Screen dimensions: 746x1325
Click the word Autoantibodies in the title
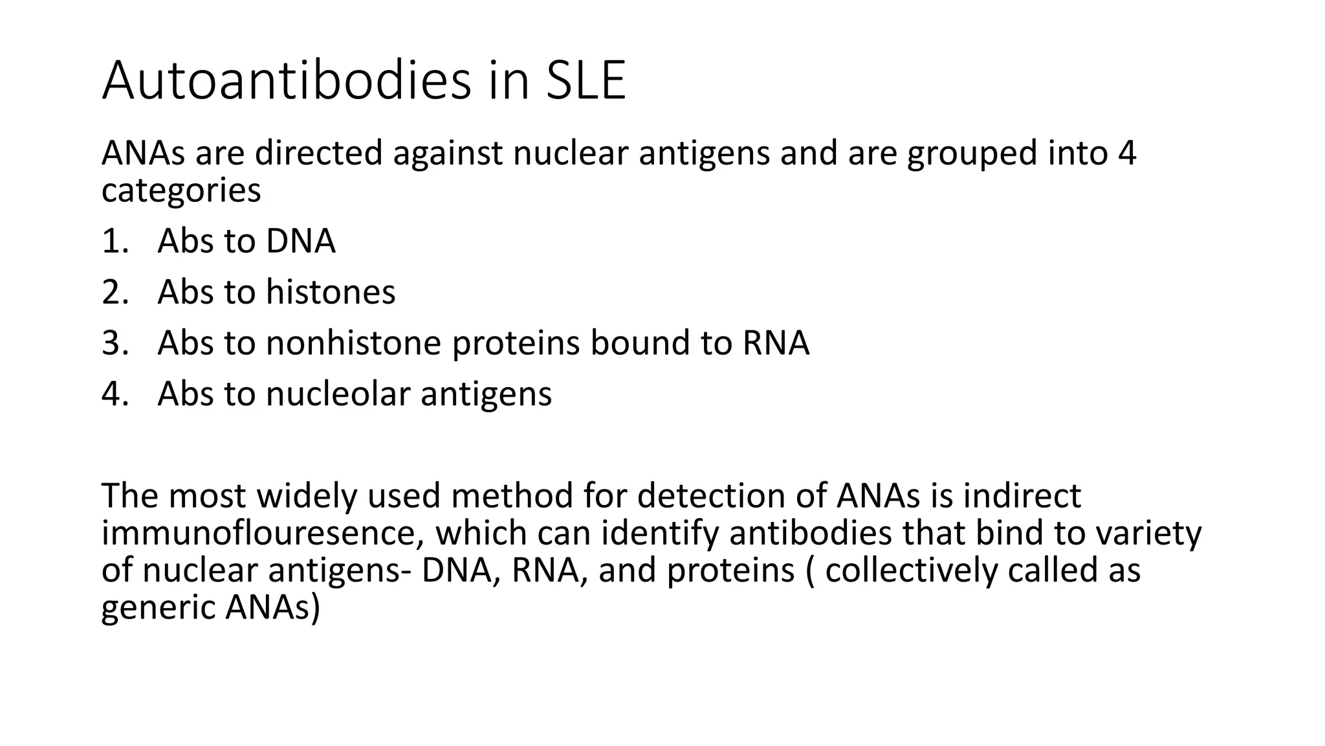pos(287,80)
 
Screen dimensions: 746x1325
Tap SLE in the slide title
pos(586,80)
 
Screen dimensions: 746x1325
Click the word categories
pos(181,190)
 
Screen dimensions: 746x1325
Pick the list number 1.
pos(114,242)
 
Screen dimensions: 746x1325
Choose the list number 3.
pos(114,343)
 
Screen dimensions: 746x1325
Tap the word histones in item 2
pos(331,292)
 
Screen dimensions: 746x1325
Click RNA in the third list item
pos(776,343)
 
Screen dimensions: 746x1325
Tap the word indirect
pos(1022,496)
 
